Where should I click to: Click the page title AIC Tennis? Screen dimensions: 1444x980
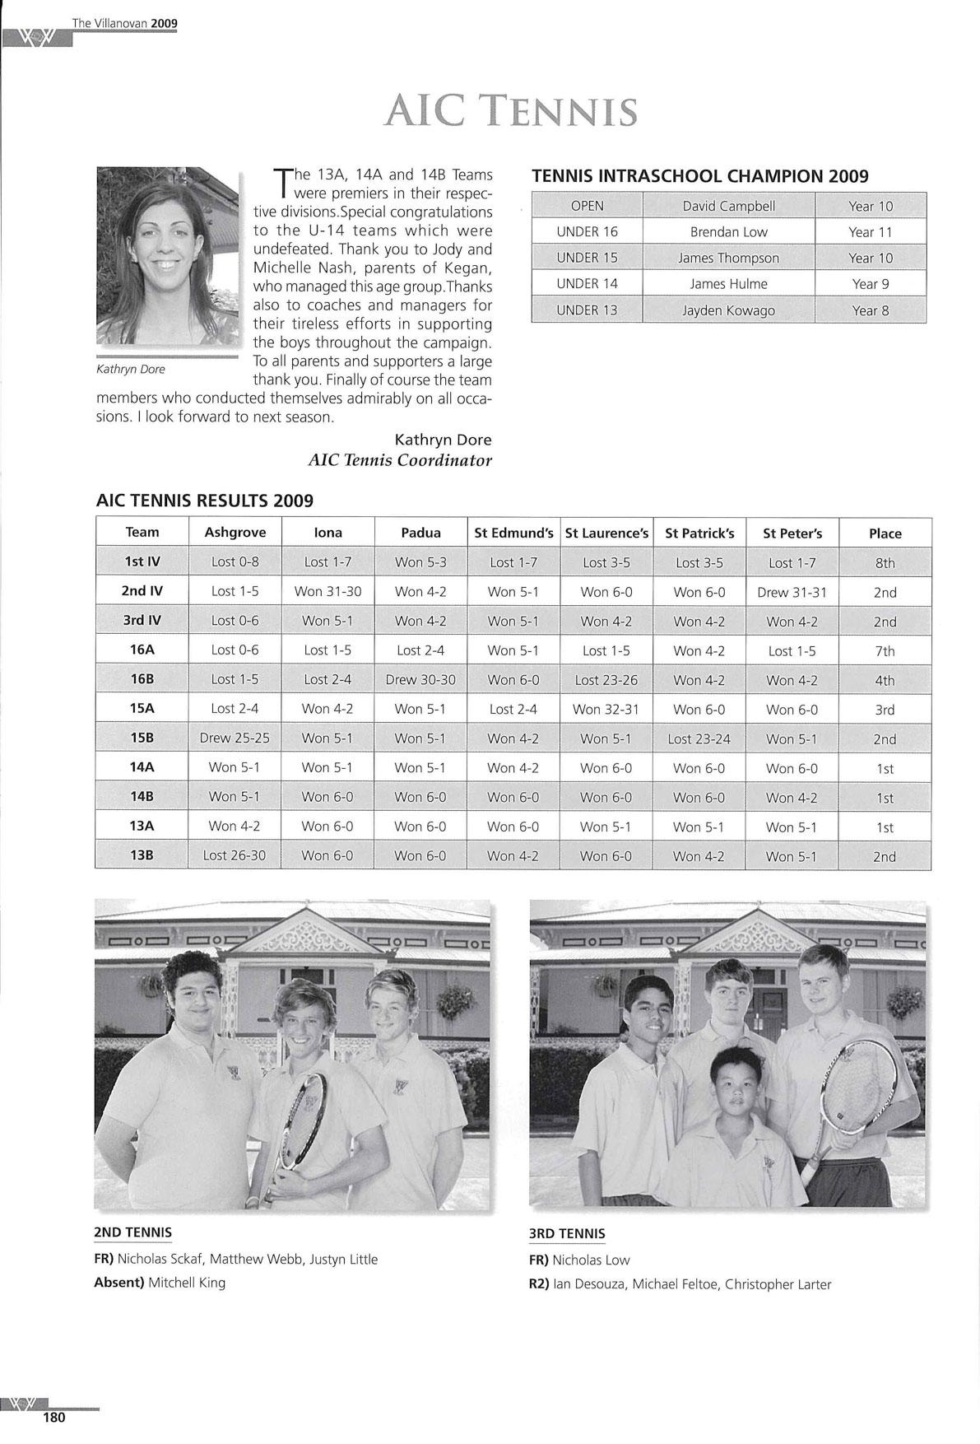[x=510, y=112]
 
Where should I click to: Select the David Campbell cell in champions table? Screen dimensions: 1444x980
[x=728, y=206]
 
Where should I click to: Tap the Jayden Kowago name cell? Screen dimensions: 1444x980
[x=728, y=310]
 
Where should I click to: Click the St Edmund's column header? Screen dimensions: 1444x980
[x=513, y=533]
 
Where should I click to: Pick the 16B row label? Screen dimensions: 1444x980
[x=142, y=679]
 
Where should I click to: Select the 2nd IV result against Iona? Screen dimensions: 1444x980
[x=327, y=591]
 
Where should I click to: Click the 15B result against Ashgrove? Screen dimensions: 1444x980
[x=235, y=738]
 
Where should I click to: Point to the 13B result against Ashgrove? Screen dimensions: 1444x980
[x=235, y=855]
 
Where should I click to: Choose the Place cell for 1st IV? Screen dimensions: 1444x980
[x=885, y=563]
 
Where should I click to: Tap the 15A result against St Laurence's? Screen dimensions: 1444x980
[x=606, y=709]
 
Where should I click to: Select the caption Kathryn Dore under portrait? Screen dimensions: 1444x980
[x=131, y=369]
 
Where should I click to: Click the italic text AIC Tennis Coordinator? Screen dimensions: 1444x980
[x=400, y=460]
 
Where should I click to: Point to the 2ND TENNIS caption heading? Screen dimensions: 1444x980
[x=133, y=1232]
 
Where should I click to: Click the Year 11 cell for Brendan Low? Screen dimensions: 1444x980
[x=870, y=232]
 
